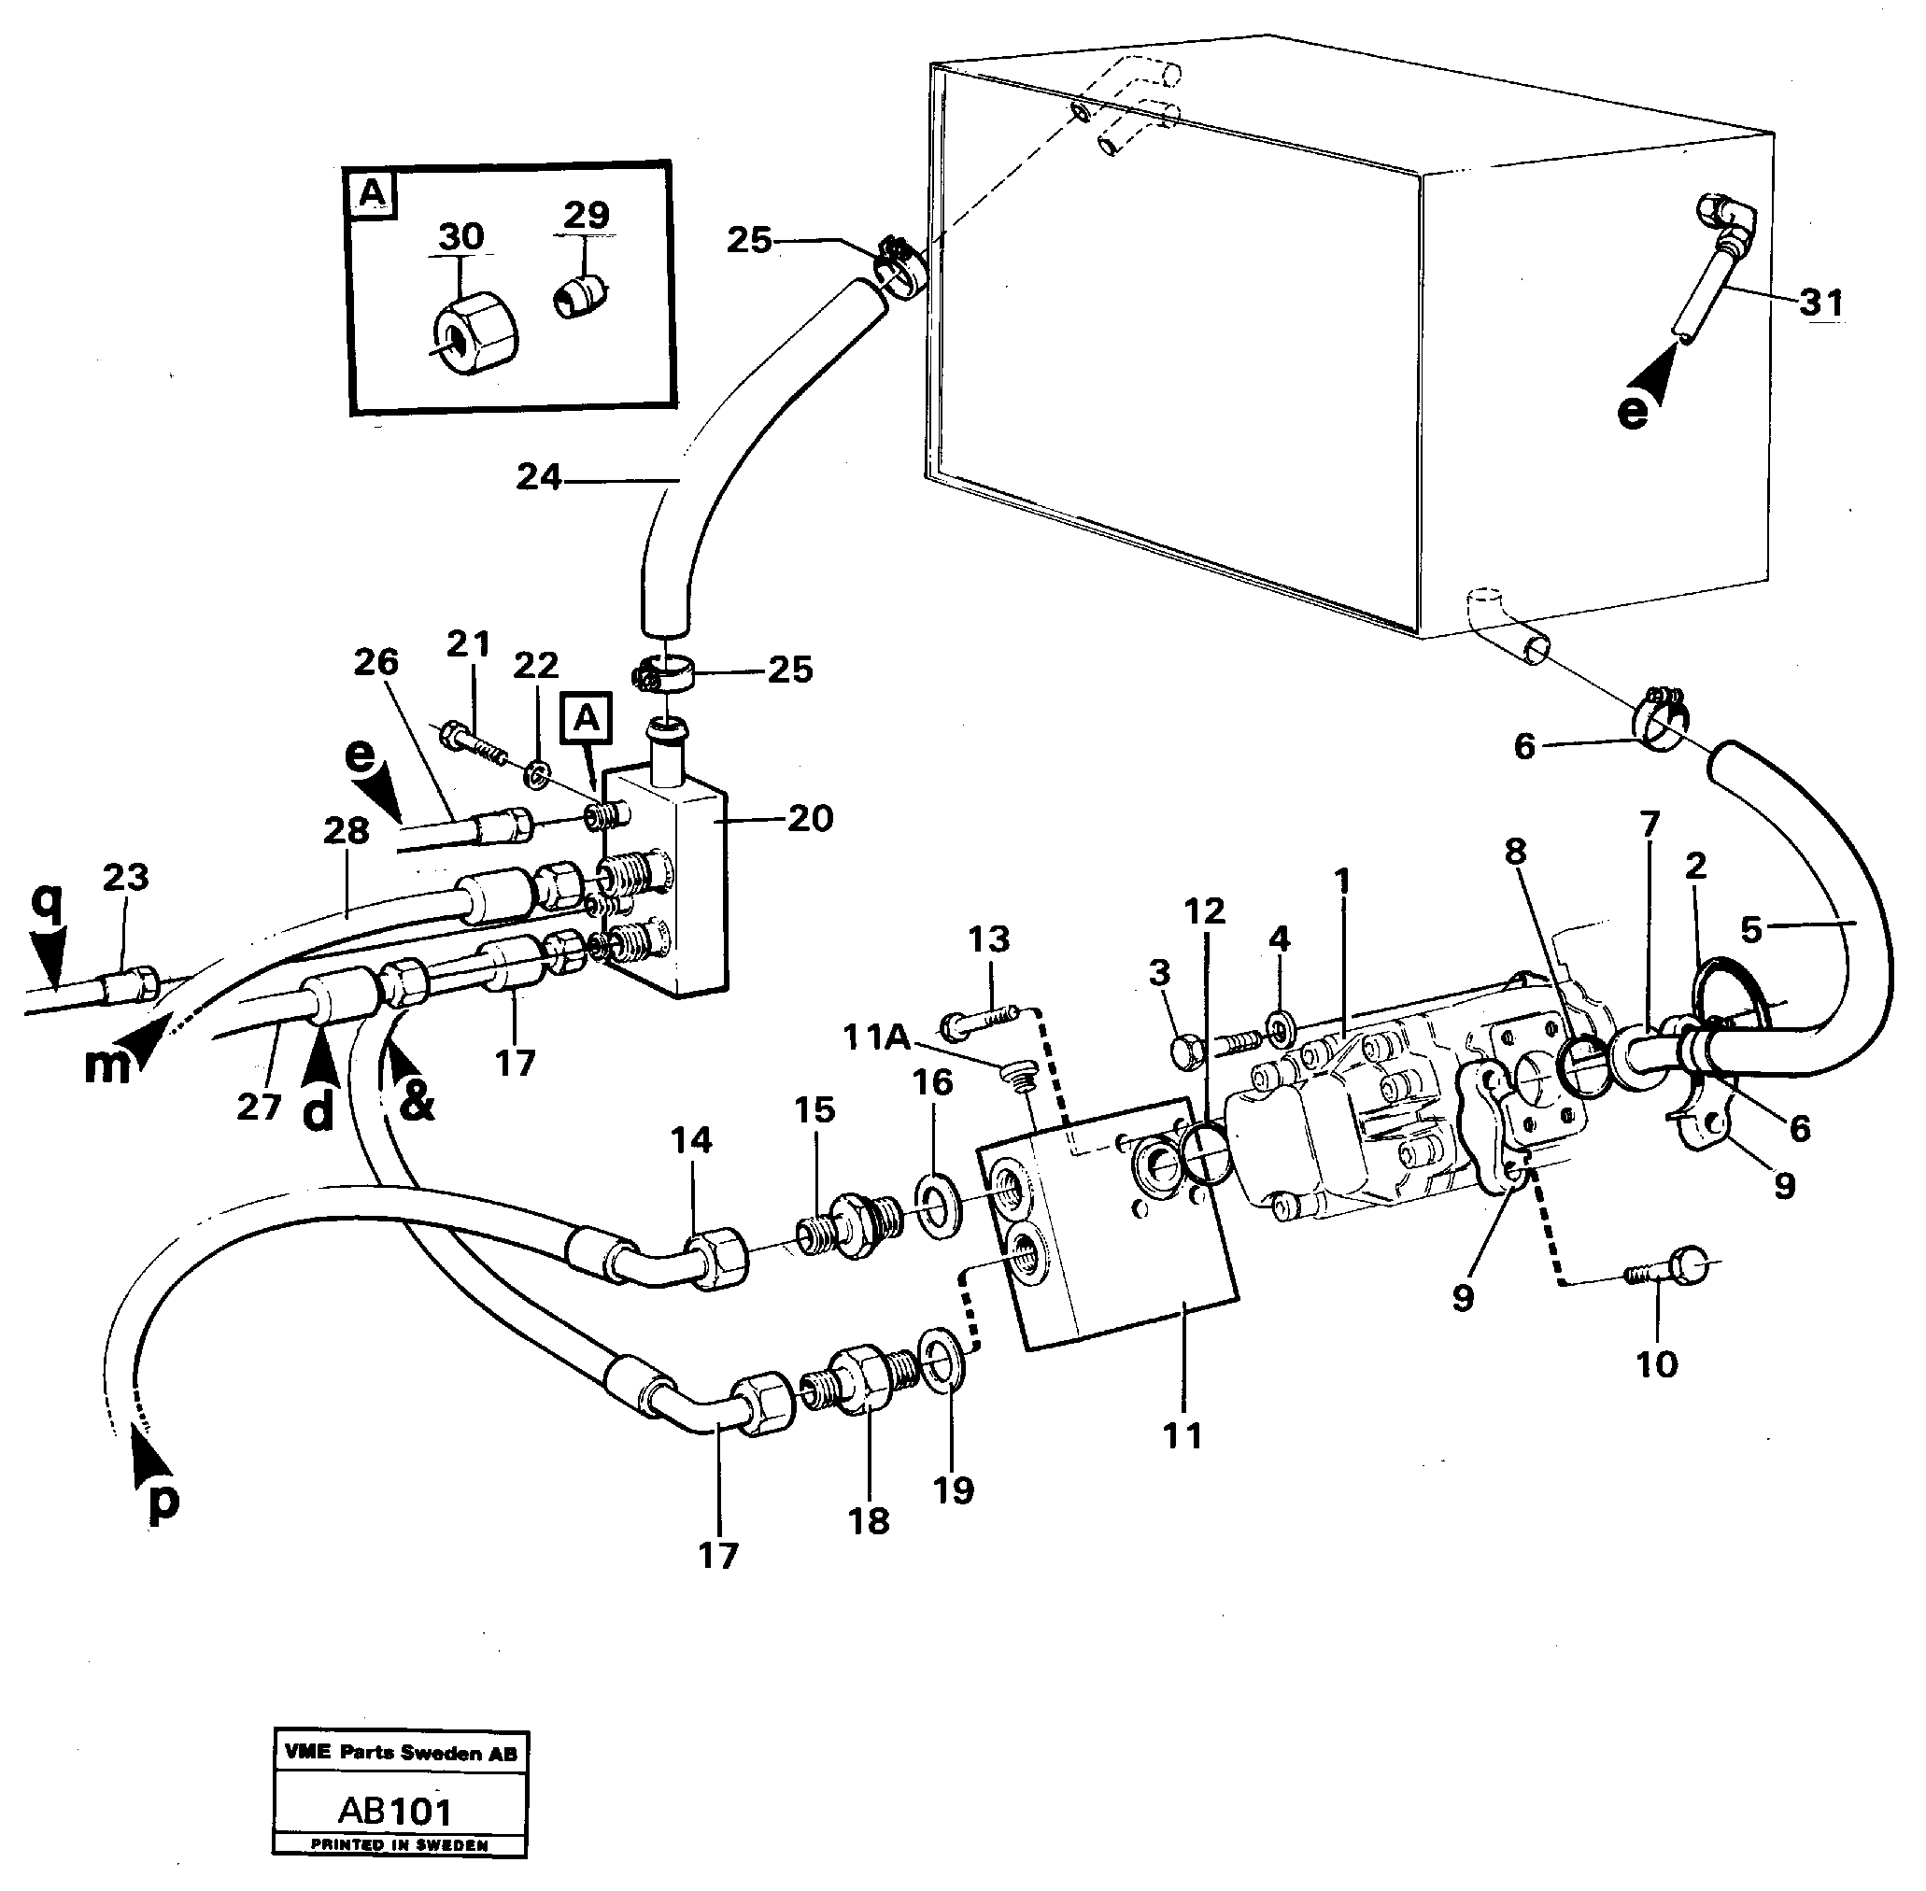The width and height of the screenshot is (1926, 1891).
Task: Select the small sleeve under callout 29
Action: pyautogui.click(x=582, y=295)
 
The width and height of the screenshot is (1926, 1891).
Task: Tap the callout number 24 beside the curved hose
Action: pyautogui.click(x=539, y=478)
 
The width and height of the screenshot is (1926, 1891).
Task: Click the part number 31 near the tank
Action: pyautogui.click(x=1820, y=301)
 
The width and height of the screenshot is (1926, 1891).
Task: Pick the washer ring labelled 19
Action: pyautogui.click(x=937, y=1353)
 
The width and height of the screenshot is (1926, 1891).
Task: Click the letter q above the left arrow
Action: pyautogui.click(x=46, y=902)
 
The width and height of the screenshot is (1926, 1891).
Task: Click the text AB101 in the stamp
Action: pyautogui.click(x=394, y=1811)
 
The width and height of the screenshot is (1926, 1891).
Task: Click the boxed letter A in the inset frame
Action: pyautogui.click(x=372, y=193)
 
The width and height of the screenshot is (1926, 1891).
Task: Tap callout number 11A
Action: pyautogui.click(x=876, y=1037)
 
